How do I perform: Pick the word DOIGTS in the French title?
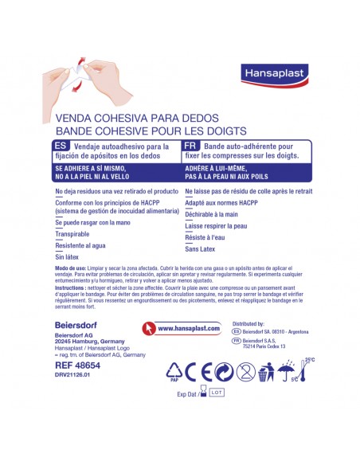pos(225,130)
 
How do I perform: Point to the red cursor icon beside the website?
pos(148,327)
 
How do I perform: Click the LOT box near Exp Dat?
pos(217,392)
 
